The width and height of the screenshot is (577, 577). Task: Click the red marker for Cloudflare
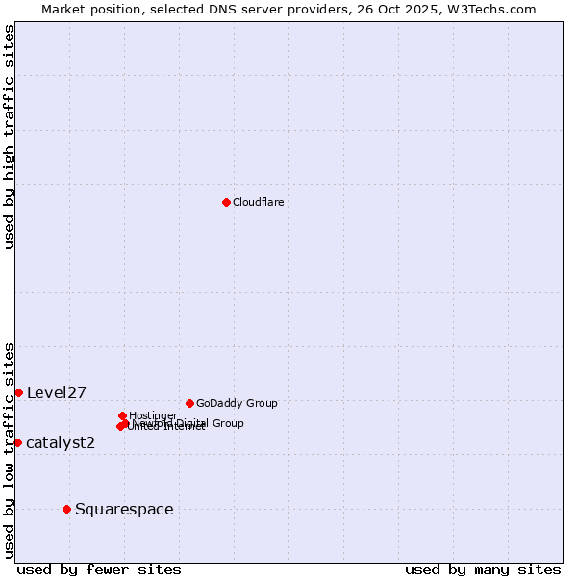(x=226, y=202)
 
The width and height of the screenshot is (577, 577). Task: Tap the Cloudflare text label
(x=258, y=202)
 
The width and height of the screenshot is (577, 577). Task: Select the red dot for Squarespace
(x=66, y=509)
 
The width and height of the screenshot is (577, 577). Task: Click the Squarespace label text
(x=124, y=509)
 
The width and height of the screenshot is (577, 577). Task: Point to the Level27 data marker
(x=18, y=392)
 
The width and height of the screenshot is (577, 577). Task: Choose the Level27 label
(x=57, y=392)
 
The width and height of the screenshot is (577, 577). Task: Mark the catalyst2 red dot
(x=17, y=442)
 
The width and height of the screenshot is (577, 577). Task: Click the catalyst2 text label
(x=61, y=442)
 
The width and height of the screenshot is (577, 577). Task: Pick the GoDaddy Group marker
(x=189, y=403)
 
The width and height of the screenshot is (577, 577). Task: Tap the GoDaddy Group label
(x=237, y=403)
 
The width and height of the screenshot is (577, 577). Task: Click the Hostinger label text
(x=153, y=415)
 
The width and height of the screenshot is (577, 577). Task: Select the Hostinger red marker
(x=122, y=415)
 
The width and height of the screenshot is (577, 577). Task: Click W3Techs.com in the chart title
(x=497, y=9)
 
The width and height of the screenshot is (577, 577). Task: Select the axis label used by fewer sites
(x=99, y=569)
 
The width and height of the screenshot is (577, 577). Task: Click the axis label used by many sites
(x=483, y=569)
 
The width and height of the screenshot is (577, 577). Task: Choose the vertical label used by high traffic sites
(x=9, y=137)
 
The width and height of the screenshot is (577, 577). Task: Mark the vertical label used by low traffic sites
(x=9, y=449)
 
